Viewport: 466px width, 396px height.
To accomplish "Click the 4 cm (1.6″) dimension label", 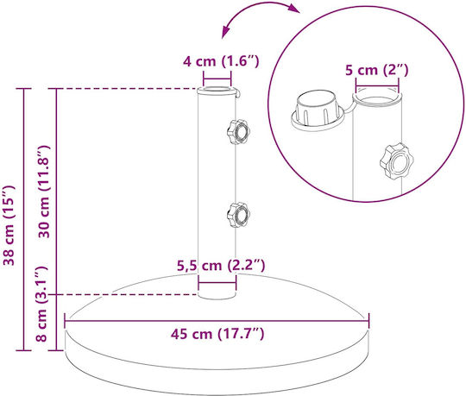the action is pyautogui.click(x=221, y=61).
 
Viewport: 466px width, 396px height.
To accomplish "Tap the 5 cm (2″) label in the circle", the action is pyautogui.click(x=376, y=70).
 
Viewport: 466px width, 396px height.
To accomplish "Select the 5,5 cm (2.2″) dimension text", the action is pyautogui.click(x=221, y=265).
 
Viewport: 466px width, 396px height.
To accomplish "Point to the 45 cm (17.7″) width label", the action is pyautogui.click(x=217, y=334).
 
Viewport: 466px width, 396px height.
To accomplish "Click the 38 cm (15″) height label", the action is pyautogui.click(x=9, y=225).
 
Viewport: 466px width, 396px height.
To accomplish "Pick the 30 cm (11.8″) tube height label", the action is pyautogui.click(x=43, y=192).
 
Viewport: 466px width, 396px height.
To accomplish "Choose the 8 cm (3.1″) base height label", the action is pyautogui.click(x=41, y=304).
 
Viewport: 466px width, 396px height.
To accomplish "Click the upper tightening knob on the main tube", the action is pyautogui.click(x=238, y=132).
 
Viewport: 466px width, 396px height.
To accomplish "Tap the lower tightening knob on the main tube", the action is pyautogui.click(x=238, y=215).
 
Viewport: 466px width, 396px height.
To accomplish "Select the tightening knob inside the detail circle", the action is pyautogui.click(x=396, y=161).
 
